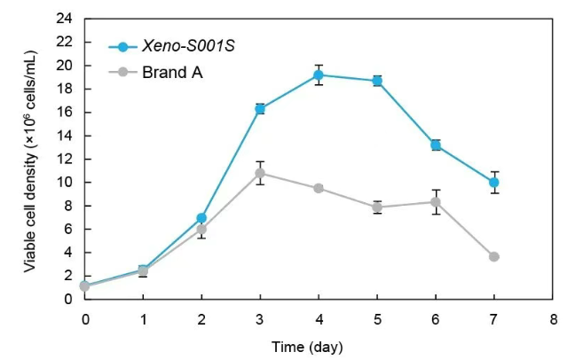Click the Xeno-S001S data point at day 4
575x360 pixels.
(x=319, y=74)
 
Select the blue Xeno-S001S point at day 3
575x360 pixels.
(x=260, y=108)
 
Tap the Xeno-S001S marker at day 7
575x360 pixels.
(x=493, y=182)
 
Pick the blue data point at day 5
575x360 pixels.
(x=377, y=81)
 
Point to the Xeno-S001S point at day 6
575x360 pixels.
(x=436, y=145)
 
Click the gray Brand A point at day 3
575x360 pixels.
(x=260, y=173)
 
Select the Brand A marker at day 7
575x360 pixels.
(x=493, y=256)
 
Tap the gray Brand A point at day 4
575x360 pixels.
(x=319, y=188)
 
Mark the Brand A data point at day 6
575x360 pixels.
(x=436, y=202)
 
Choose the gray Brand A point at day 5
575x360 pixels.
(x=377, y=207)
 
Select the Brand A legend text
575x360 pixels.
(x=172, y=72)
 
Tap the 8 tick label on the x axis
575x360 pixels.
(x=552, y=317)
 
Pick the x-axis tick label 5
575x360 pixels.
(x=377, y=317)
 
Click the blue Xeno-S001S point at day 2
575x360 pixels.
(x=202, y=217)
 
